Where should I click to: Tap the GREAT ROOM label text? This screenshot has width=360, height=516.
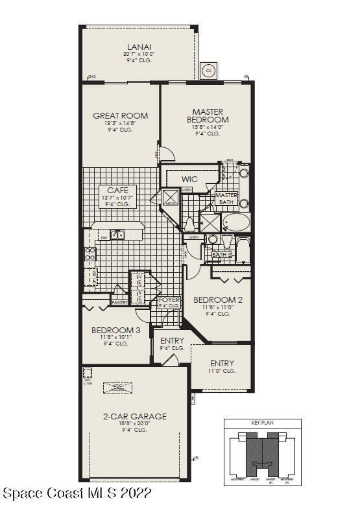[120, 116]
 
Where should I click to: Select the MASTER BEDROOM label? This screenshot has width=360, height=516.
[208, 116]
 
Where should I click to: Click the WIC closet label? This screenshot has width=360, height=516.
[189, 179]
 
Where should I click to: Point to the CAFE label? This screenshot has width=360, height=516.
[117, 190]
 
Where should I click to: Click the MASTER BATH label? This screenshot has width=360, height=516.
[226, 199]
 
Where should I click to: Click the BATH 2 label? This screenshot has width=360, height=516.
[222, 255]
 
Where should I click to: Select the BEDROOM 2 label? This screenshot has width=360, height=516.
[218, 299]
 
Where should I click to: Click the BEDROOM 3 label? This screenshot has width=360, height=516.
[115, 330]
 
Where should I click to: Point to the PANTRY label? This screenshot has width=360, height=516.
[119, 302]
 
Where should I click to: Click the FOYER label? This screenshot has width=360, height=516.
[169, 300]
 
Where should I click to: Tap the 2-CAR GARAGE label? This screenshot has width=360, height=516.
[135, 416]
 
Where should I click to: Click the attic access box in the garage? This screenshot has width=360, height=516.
[118, 387]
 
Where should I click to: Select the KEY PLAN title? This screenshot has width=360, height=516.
[262, 423]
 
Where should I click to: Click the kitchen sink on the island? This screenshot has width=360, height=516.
[117, 235]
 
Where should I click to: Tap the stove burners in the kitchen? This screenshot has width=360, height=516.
[90, 253]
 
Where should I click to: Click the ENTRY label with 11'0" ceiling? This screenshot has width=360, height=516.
[222, 363]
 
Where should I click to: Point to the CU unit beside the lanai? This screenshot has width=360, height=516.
[209, 70]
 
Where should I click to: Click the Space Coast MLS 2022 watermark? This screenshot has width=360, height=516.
[77, 494]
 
